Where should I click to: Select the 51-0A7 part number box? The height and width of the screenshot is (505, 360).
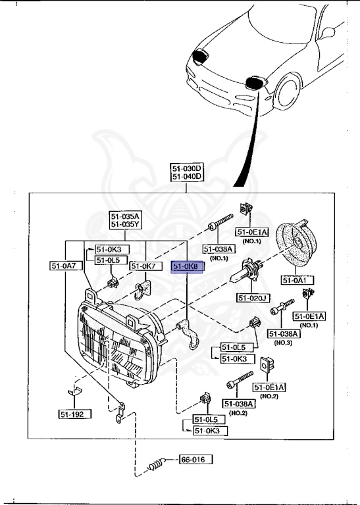pos(64,266)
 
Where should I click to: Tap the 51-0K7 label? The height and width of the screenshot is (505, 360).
pos(142,266)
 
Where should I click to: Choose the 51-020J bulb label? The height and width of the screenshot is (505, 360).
pos(253,298)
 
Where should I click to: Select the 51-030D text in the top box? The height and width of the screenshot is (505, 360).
pos(188,168)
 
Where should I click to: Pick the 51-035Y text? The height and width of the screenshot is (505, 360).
pos(124,224)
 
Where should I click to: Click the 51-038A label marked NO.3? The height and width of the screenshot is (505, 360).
pos(284,334)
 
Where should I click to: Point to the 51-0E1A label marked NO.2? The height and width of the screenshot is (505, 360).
pos(270,388)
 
